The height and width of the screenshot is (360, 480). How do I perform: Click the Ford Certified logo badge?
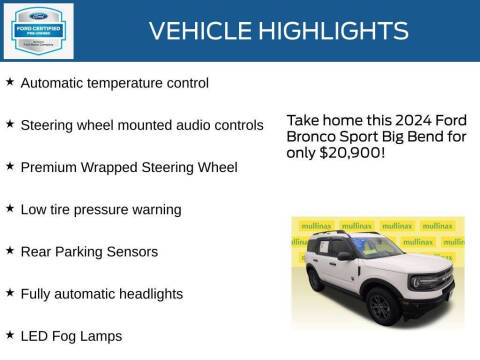coord(38,31)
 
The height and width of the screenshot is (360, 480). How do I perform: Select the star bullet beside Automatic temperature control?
coord(10,82)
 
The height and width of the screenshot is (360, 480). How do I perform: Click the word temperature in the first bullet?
coord(126,83)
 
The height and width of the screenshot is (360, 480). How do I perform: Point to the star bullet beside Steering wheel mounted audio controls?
coord(10,124)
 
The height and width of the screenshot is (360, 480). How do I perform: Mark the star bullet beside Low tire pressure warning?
coord(10,208)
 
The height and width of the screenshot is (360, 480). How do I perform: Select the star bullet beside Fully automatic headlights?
coord(10,292)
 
